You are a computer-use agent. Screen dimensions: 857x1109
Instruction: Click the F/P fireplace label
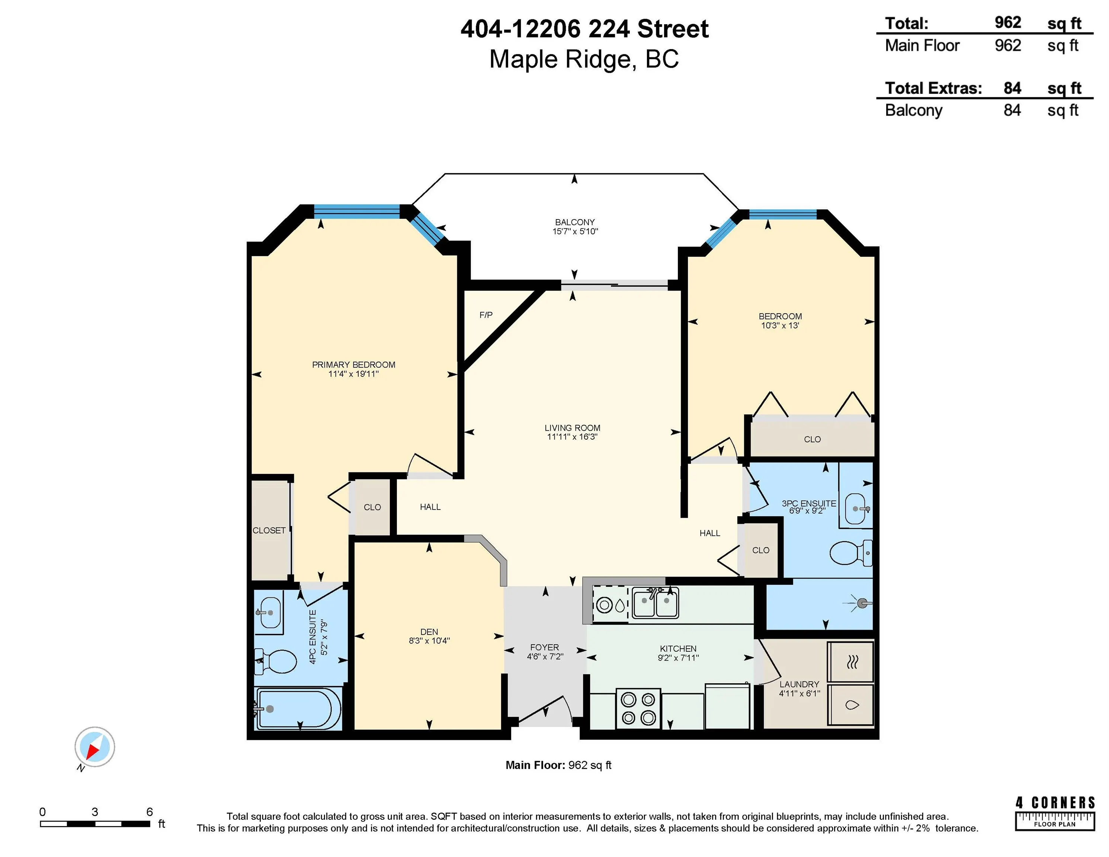(x=485, y=315)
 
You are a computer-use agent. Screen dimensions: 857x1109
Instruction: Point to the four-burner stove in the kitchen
(x=638, y=708)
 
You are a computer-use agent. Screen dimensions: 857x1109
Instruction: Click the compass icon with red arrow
(x=94, y=747)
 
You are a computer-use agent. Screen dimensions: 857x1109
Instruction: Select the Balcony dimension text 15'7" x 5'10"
(x=575, y=231)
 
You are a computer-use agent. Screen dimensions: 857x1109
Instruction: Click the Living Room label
(x=572, y=428)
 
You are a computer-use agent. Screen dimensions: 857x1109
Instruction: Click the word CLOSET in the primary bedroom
(x=269, y=530)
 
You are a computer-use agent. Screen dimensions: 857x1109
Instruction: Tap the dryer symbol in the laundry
(x=852, y=662)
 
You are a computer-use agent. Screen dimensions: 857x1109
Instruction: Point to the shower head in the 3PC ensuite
(x=862, y=603)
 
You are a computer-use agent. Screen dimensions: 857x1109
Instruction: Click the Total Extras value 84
(x=1012, y=88)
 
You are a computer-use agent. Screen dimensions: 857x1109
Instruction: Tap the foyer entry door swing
(x=546, y=709)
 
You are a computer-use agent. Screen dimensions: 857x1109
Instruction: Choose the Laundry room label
(x=799, y=684)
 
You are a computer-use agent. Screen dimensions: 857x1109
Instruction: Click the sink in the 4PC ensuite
(x=269, y=613)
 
